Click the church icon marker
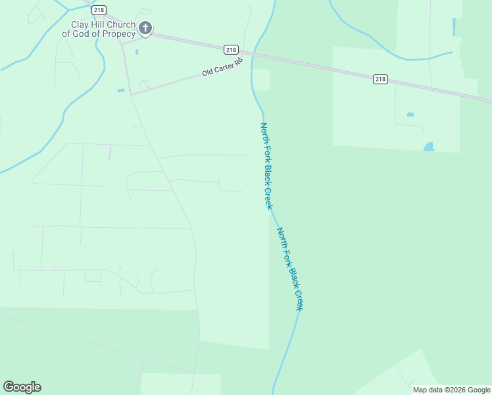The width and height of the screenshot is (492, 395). [x=145, y=28]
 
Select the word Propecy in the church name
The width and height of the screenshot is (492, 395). [x=118, y=34]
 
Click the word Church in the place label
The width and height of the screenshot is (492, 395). [x=122, y=25]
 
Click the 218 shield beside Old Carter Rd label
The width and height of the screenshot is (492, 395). [x=230, y=49]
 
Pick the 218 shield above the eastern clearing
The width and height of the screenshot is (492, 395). [x=380, y=79]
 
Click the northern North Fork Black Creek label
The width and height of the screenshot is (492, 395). [x=266, y=166]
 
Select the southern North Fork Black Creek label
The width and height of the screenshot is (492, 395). [x=290, y=269]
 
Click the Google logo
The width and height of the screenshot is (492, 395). [x=22, y=387]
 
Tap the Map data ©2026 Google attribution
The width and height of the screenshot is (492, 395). [x=451, y=390]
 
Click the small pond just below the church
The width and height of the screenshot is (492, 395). [x=137, y=52]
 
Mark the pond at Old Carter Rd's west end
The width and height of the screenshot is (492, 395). [x=121, y=90]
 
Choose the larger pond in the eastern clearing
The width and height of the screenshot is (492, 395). [x=430, y=147]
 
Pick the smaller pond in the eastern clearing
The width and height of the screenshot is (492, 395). [x=410, y=115]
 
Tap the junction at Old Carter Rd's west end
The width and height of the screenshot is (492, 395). [x=131, y=94]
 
